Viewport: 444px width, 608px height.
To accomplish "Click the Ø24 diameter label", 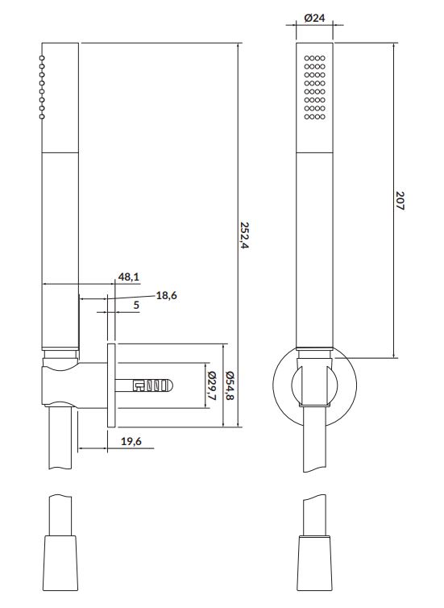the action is click(x=314, y=18).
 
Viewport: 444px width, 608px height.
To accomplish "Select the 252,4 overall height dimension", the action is click(x=244, y=235).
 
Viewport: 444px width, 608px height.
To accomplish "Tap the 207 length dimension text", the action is click(x=400, y=201).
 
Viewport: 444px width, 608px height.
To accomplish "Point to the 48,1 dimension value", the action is click(x=129, y=277).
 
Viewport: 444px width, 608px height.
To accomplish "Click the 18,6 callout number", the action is click(x=167, y=295).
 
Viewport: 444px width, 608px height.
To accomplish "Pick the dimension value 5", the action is click(x=136, y=305).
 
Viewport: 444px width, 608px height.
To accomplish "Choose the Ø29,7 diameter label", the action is click(x=212, y=385).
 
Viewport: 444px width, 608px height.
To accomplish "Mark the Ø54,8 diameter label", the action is click(x=230, y=385).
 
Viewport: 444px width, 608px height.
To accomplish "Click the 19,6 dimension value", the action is click(x=131, y=441).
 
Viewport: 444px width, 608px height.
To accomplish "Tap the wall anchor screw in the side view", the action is click(x=144, y=385).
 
